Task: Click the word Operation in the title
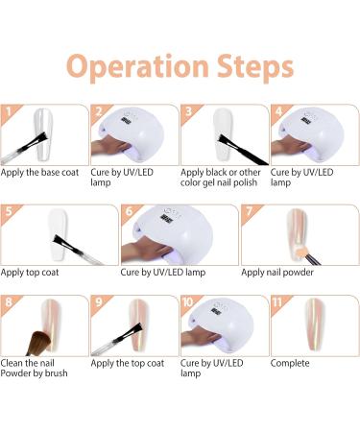point(137,67)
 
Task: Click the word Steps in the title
point(255,67)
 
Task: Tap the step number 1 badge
point(9,112)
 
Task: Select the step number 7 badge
point(250,211)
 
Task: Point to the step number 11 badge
point(277,302)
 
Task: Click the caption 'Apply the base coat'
point(39,173)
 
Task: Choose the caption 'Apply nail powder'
point(277,273)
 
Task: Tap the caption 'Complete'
point(290,363)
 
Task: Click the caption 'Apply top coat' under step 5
point(30,273)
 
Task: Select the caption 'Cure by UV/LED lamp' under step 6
point(163,273)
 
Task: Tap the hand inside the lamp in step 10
point(200,338)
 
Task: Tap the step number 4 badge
point(278,112)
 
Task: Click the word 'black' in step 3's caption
point(217,173)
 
